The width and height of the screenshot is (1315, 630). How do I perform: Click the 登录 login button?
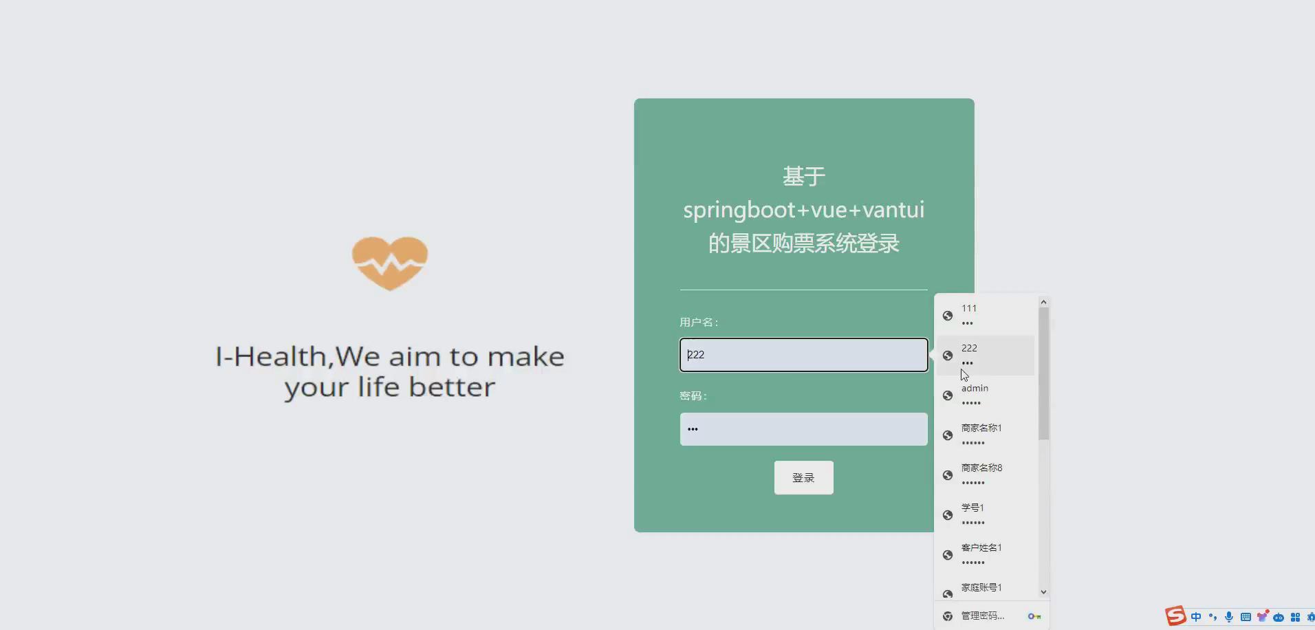803,477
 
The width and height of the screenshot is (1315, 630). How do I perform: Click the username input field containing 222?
803,355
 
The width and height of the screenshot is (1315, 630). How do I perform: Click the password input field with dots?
803,429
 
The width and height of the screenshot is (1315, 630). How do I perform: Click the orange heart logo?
390,263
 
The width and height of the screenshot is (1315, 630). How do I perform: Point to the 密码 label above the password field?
693,395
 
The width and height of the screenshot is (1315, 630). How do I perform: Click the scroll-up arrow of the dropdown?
1043,302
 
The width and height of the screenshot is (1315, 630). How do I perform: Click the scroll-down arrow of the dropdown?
1043,591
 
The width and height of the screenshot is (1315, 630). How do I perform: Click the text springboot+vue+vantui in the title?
803,210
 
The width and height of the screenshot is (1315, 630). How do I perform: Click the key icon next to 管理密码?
1034,616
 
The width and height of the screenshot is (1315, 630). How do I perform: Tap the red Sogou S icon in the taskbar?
1175,616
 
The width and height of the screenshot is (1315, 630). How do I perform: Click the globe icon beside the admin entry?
948,395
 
